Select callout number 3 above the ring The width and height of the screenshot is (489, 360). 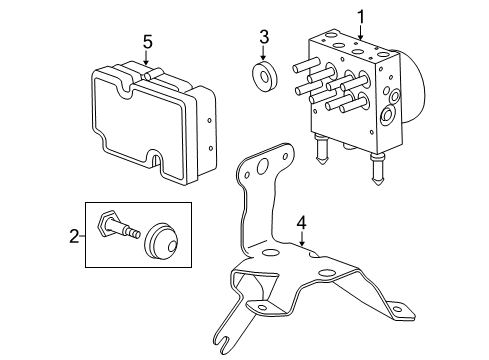pyautogui.click(x=264, y=38)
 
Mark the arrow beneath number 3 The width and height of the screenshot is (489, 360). pyautogui.click(x=264, y=56)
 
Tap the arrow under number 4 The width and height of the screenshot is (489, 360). pyautogui.click(x=298, y=243)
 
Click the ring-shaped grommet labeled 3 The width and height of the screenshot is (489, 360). pyautogui.click(x=264, y=78)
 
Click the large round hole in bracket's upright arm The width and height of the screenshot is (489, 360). pyautogui.click(x=262, y=170)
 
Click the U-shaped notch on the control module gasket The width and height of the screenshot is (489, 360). pyautogui.click(x=158, y=160)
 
